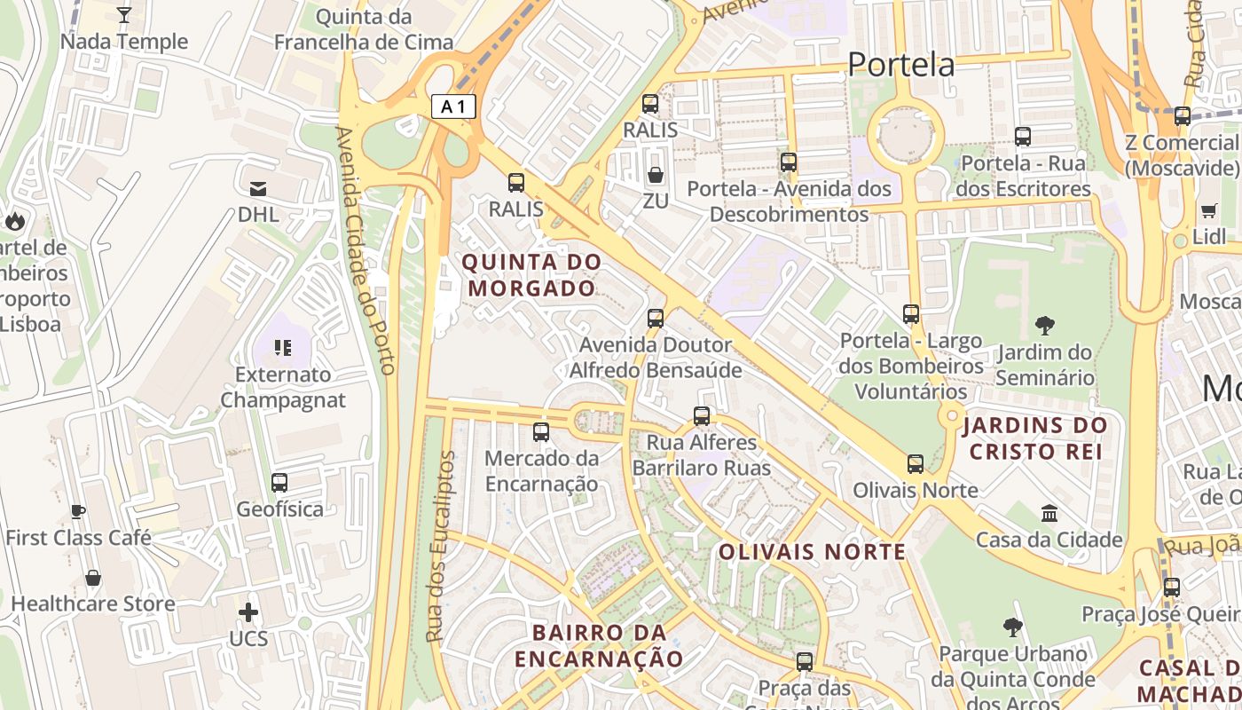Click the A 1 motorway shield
tap(453, 106)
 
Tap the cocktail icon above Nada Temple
tap(124, 15)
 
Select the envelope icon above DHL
tap(258, 188)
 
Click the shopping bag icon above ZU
tap(656, 175)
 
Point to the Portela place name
tap(900, 65)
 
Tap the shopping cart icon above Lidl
tap(1208, 210)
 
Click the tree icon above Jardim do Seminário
tap(1045, 326)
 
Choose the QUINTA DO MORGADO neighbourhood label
tap(531, 275)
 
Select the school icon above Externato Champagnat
tap(283, 347)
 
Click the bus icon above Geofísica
tap(279, 483)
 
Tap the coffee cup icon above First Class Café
tap(78, 511)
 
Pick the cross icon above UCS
tap(248, 612)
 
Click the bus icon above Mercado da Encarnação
tap(541, 432)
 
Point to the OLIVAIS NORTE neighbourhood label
tap(812, 552)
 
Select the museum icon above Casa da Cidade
tap(1049, 513)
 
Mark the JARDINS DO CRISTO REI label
tap(1035, 438)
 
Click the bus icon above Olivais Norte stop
tap(916, 463)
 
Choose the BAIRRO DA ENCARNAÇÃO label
tap(600, 645)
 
